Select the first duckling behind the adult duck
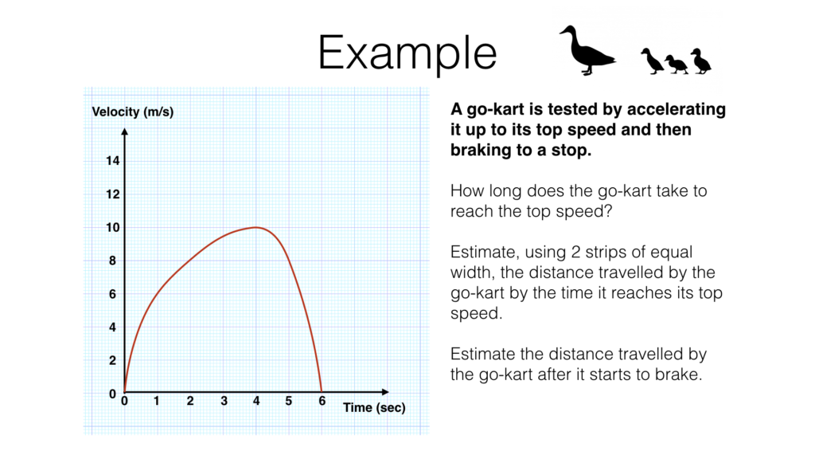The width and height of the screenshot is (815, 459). coord(652,61)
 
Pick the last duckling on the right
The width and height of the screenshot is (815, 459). coord(700,61)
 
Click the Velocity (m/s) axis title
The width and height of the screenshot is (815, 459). coord(133,112)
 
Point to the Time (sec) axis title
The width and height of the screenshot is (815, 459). coord(374,408)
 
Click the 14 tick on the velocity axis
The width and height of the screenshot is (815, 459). coord(112,161)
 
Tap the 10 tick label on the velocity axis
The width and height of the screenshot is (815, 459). coord(112,228)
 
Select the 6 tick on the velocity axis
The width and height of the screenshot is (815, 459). coord(112,294)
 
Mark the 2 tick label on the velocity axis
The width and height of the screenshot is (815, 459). coord(112,360)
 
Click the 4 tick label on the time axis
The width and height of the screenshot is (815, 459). coord(256,402)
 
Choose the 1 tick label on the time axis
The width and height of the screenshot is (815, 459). coord(157,402)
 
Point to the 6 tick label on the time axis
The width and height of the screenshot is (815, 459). coord(322,402)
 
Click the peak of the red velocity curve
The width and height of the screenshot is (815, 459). coord(256,227)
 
